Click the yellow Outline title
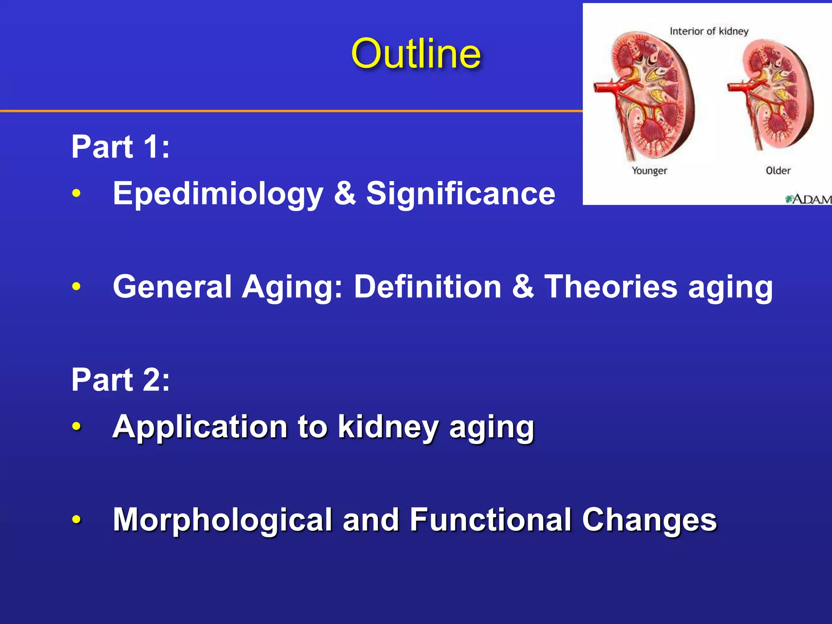click(x=416, y=54)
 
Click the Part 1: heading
click(x=120, y=147)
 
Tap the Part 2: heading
click(x=120, y=380)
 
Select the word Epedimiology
click(x=218, y=194)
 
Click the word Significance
click(x=460, y=193)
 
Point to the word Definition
click(x=427, y=287)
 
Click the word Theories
click(x=611, y=287)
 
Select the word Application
click(x=200, y=427)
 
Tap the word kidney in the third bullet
click(x=388, y=427)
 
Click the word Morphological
click(x=223, y=520)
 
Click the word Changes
click(x=649, y=520)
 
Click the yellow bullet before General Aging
click(x=76, y=287)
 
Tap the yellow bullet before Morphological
click(x=76, y=520)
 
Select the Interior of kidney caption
click(x=708, y=31)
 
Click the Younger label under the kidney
click(x=649, y=171)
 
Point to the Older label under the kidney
click(x=778, y=171)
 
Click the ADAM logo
click(x=808, y=199)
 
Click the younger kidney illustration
click(x=650, y=95)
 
